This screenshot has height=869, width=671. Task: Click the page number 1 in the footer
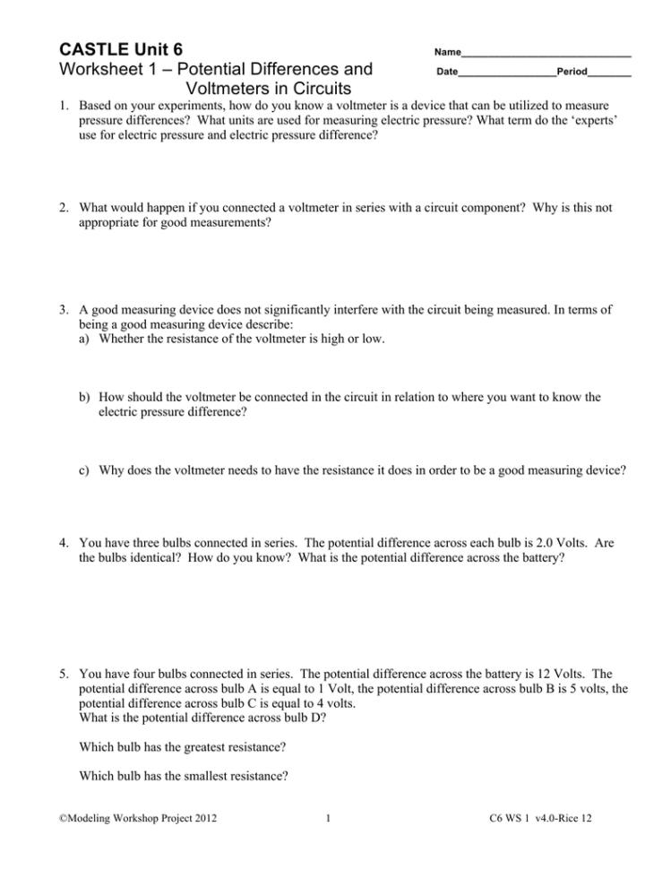[331, 842]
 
